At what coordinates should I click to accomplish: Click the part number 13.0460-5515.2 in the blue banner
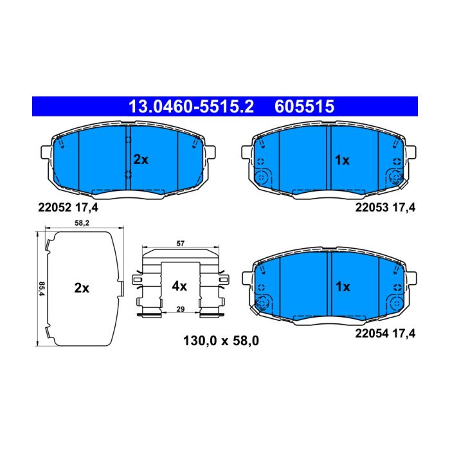click(191, 107)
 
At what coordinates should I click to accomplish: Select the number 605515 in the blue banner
click(305, 107)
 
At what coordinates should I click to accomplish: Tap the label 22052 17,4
click(68, 207)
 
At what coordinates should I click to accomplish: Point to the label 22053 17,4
click(385, 207)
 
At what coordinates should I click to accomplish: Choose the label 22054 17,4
click(385, 334)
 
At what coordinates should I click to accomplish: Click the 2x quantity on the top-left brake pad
click(141, 159)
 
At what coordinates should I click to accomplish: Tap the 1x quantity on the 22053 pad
click(343, 160)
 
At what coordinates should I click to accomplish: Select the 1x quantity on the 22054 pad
click(343, 287)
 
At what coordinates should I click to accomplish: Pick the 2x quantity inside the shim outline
click(82, 288)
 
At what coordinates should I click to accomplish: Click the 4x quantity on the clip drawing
click(179, 286)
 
